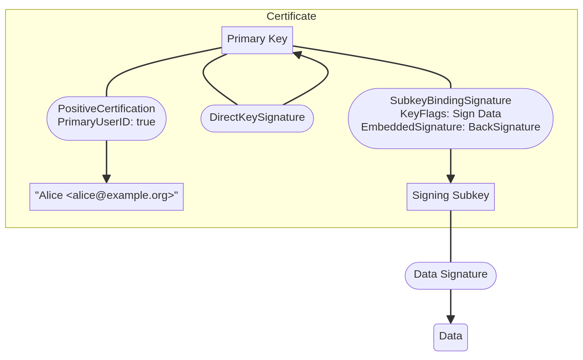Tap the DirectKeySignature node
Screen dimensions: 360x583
point(257,118)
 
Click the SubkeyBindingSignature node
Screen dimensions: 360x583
point(450,101)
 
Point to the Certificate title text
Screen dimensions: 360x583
point(291,16)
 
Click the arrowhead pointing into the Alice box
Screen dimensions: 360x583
point(106,179)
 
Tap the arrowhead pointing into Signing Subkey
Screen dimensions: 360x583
point(450,179)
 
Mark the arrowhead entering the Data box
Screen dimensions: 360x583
point(450,320)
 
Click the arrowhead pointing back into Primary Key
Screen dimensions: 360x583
point(298,55)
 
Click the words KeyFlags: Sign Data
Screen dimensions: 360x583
point(450,114)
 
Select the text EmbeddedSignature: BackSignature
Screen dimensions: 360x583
point(450,127)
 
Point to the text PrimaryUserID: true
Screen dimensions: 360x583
point(106,122)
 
